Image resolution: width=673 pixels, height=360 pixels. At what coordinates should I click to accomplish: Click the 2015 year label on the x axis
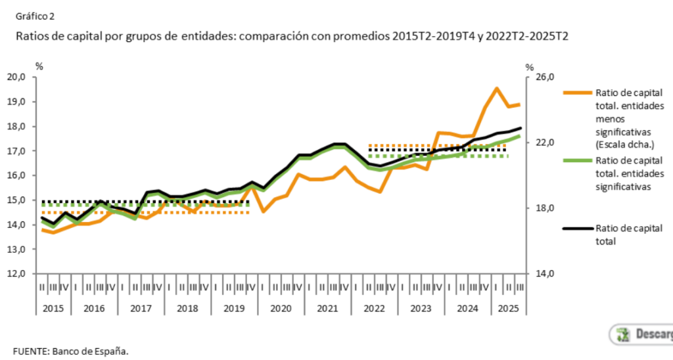[x=55, y=307]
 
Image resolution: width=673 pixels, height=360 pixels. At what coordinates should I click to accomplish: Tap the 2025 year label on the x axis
[x=508, y=307]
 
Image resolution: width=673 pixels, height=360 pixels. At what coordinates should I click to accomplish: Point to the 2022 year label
[x=373, y=307]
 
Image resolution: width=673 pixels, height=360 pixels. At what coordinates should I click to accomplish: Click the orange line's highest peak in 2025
[x=496, y=88]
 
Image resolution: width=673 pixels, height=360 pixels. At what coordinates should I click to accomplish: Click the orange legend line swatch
[x=576, y=92]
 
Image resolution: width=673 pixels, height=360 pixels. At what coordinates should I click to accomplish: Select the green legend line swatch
[x=576, y=160]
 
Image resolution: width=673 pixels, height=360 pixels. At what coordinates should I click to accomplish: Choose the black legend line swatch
[x=576, y=228]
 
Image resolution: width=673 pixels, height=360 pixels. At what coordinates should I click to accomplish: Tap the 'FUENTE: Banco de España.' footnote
[x=71, y=349]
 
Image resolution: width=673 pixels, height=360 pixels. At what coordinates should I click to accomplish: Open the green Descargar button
[x=641, y=334]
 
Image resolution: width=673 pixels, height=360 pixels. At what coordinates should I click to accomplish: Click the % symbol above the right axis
[x=530, y=66]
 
